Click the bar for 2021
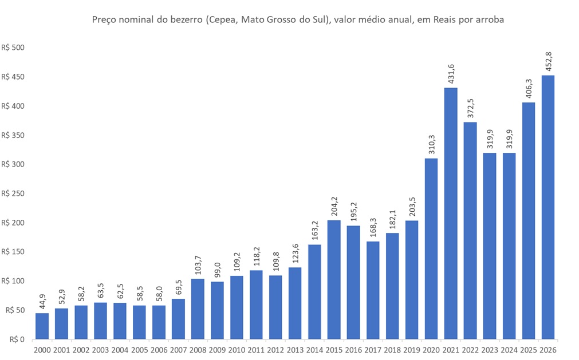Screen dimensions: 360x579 click(x=451, y=213)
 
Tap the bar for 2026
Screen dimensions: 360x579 click(x=548, y=207)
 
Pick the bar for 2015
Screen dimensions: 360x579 click(x=334, y=280)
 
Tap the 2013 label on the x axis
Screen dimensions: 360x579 click(x=295, y=350)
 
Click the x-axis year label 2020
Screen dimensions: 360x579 click(x=431, y=350)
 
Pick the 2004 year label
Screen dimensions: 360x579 click(x=120, y=350)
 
